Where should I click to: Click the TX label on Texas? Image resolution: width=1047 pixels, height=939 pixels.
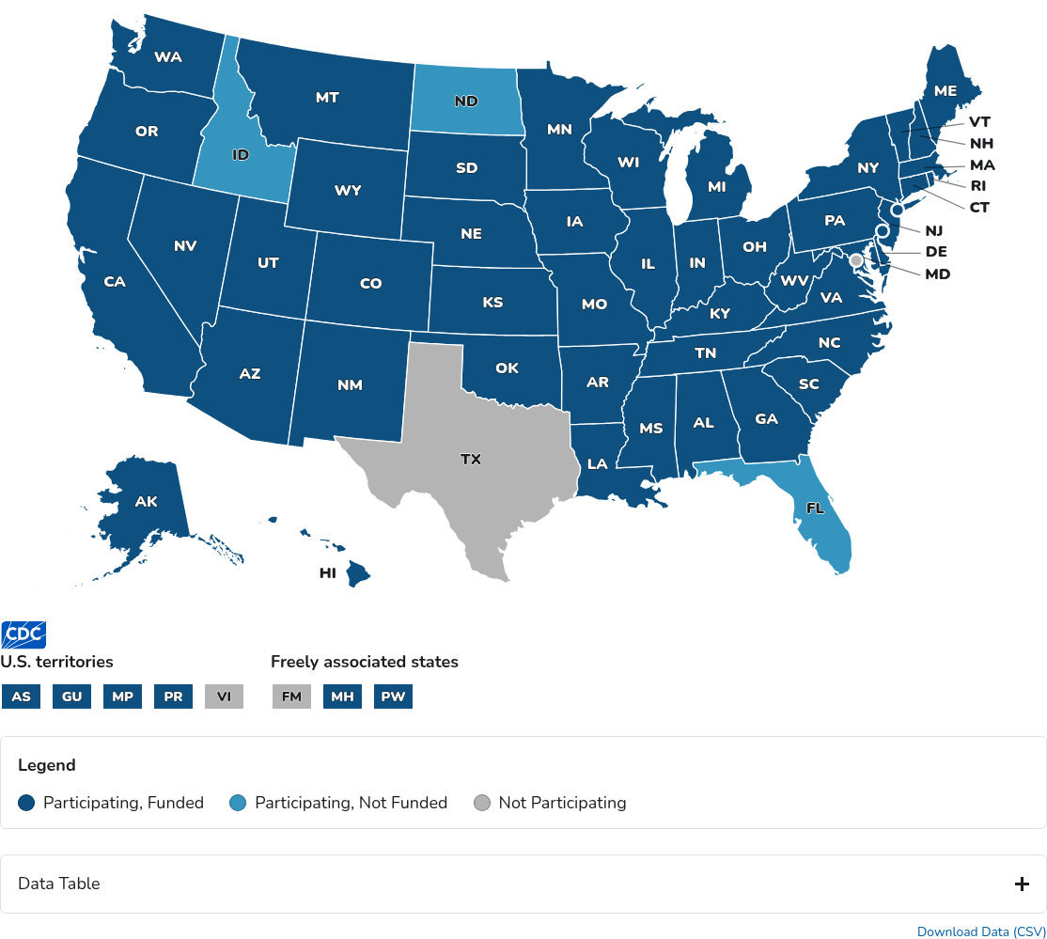pos(471,460)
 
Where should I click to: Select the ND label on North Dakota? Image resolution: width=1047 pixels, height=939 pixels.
pos(467,101)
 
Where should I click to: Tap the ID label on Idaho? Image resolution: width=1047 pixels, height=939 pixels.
pos(241,153)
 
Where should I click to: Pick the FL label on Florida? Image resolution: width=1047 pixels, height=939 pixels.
pos(815,508)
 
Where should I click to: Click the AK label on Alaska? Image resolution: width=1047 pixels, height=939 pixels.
pos(146,501)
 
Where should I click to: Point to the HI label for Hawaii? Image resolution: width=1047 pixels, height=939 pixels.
pos(328,572)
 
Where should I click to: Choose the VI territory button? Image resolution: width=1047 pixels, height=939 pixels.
pos(224,696)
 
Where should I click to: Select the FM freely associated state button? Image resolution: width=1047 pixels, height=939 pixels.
pos(291,696)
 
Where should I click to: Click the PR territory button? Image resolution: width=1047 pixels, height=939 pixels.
pos(173,696)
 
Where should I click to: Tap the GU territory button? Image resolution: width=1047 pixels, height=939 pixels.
pos(71,696)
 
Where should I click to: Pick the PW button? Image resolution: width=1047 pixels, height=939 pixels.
pos(393,696)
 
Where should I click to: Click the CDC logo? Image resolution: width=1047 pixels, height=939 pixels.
pos(23,634)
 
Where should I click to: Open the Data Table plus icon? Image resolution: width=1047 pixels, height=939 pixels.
pos(1023,884)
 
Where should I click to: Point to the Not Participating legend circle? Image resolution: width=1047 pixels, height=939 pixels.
pos(482,803)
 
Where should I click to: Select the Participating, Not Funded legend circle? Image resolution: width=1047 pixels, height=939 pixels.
pos(239,803)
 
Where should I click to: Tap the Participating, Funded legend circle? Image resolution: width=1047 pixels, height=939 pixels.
pos(26,803)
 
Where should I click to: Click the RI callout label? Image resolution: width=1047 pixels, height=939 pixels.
pos(978,186)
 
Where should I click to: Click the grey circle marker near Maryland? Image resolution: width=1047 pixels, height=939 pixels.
pos(856,259)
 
